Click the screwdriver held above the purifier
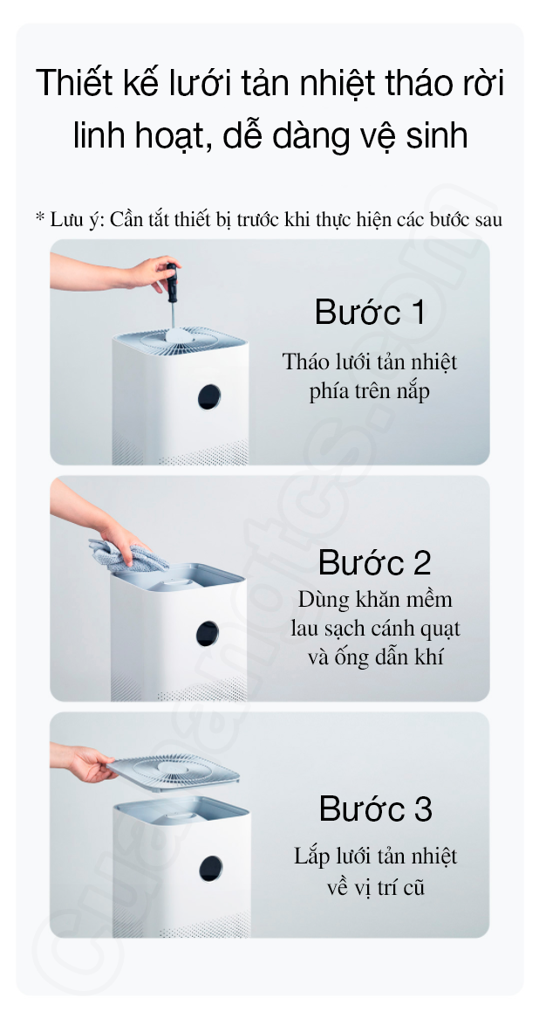tap(172, 295)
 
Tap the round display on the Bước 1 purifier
tap(209, 396)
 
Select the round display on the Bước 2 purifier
tap(208, 634)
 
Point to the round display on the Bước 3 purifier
tap(210, 868)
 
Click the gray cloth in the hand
tap(127, 556)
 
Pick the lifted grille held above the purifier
tap(174, 772)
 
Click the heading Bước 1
tap(370, 313)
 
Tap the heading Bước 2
tap(375, 563)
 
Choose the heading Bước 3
tap(376, 809)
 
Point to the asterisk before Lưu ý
tap(40, 217)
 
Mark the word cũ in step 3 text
tap(414, 889)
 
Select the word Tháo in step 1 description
tap(304, 361)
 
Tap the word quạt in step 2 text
tap(440, 629)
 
